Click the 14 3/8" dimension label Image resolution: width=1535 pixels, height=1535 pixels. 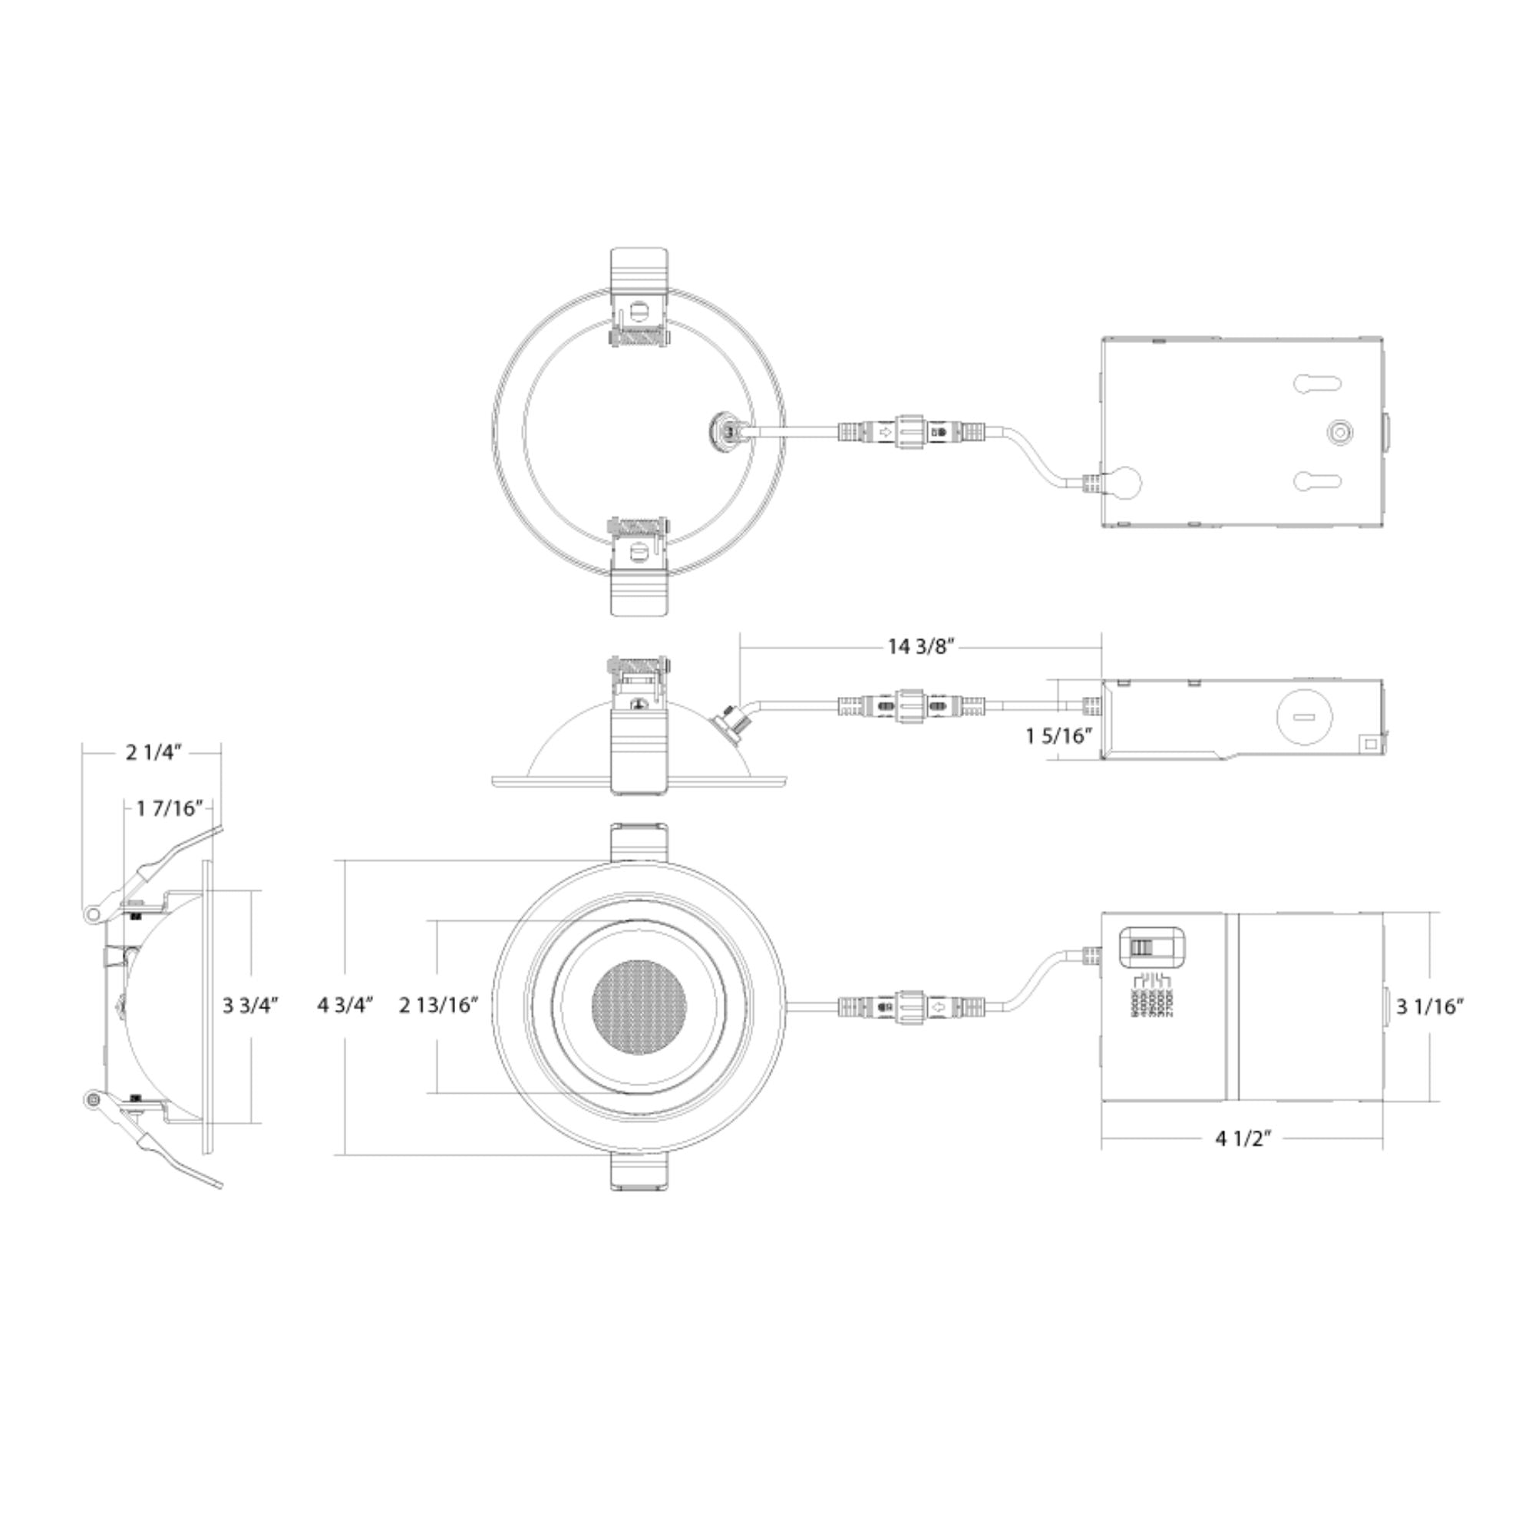(x=921, y=647)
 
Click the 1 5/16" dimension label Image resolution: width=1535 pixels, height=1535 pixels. (x=1058, y=737)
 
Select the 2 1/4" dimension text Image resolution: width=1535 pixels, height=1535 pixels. (x=154, y=752)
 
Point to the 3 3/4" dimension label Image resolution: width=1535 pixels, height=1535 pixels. (x=250, y=1006)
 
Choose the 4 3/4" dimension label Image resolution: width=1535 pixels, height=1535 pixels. (x=345, y=1006)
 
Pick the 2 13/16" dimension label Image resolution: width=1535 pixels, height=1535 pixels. (x=438, y=1006)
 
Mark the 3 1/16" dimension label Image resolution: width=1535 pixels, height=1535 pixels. (x=1430, y=1007)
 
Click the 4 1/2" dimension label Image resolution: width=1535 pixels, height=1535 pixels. (x=1243, y=1138)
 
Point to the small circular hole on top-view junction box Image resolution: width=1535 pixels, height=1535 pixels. (x=1340, y=433)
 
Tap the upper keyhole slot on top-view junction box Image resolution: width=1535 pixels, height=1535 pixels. (x=1317, y=384)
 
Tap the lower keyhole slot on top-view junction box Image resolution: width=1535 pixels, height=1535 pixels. (x=1317, y=480)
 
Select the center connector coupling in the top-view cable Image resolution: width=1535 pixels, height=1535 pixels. (x=911, y=433)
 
